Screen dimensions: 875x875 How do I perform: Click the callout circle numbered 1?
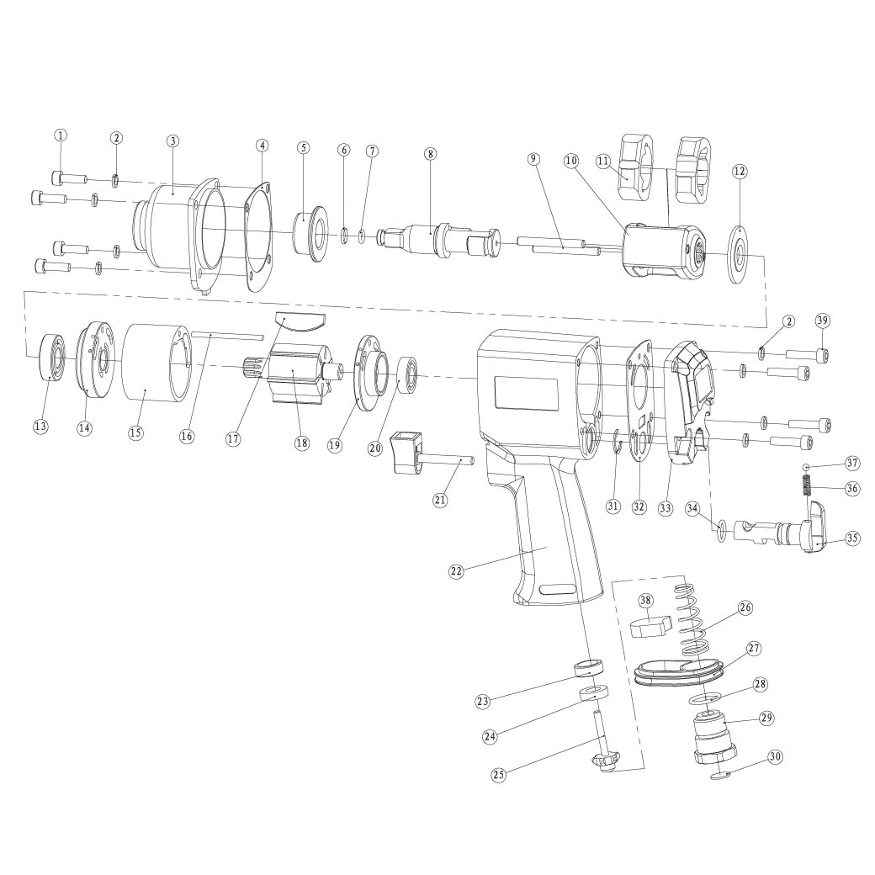pyautogui.click(x=61, y=135)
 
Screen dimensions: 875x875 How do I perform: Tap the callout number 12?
pyautogui.click(x=740, y=171)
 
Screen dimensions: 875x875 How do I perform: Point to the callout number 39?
pyautogui.click(x=822, y=320)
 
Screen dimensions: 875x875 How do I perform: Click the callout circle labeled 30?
pyautogui.click(x=776, y=756)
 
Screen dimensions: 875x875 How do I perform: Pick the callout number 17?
pyautogui.click(x=233, y=438)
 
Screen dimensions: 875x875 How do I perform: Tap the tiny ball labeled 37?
pyautogui.click(x=806, y=467)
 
